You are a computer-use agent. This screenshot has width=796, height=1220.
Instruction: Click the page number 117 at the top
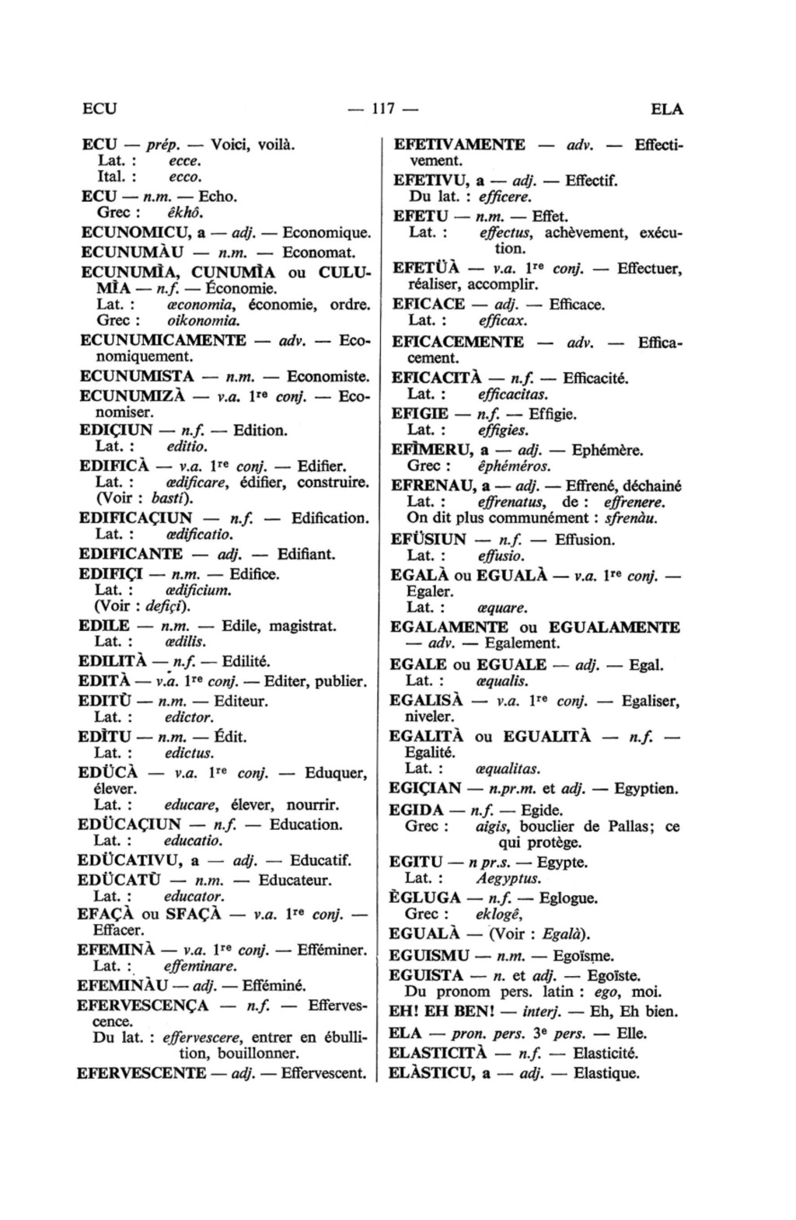(382, 110)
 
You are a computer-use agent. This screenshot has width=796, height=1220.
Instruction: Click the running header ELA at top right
(667, 110)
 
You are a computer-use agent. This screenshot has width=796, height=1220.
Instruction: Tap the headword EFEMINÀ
(117, 950)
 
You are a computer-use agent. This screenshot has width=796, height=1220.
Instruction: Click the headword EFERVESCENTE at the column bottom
(141, 1074)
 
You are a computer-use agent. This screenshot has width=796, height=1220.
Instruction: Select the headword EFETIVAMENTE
(459, 145)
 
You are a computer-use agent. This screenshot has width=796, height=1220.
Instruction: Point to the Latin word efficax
(503, 320)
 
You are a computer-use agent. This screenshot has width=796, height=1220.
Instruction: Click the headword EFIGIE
(418, 414)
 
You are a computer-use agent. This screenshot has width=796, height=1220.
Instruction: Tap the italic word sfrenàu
(631, 518)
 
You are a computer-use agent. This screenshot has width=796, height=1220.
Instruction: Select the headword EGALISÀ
(426, 701)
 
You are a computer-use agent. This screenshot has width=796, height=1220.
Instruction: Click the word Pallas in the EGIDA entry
(624, 826)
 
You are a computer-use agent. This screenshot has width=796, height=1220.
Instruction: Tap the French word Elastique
(606, 1074)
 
